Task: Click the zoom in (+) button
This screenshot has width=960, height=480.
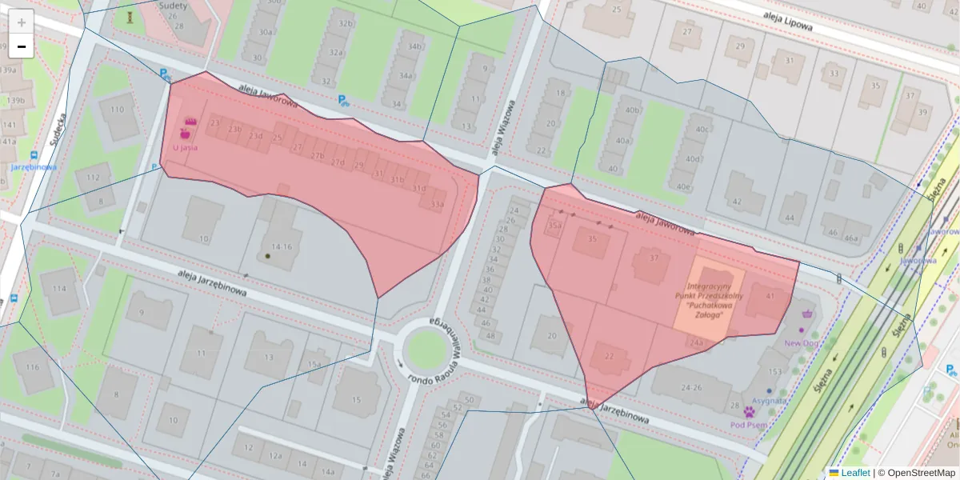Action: tap(21, 22)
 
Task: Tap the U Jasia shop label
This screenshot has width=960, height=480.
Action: tap(185, 147)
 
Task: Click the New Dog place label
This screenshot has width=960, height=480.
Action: tap(801, 342)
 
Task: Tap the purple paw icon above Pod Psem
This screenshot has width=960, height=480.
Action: tap(750, 412)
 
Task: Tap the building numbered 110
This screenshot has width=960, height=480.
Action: tap(118, 110)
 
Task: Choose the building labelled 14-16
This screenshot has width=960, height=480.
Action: tap(281, 246)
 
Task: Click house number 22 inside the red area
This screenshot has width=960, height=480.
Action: tap(609, 356)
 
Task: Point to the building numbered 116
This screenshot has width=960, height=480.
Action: tap(32, 367)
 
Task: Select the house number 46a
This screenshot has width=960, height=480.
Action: tap(851, 238)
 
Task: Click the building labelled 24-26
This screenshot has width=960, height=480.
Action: tap(691, 387)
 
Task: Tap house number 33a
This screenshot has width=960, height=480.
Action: tap(436, 205)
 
